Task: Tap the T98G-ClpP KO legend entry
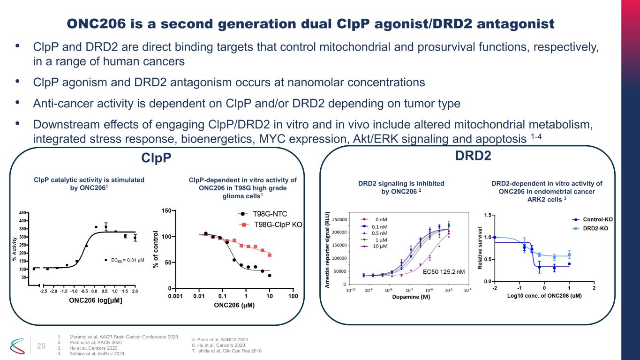[x=277, y=225]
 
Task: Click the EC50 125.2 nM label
[x=444, y=271]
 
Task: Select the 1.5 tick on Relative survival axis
[x=487, y=215]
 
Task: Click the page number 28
[x=41, y=346]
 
